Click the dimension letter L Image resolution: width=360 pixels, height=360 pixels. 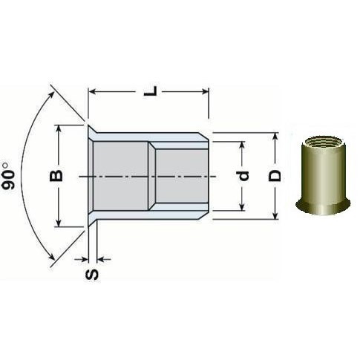tap(151, 91)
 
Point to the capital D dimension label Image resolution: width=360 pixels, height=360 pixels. tap(275, 176)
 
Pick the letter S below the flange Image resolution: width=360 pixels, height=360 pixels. tap(92, 275)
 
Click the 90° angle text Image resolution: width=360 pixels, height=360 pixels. tap(8, 176)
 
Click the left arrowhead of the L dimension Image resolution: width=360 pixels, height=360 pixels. tap(92, 92)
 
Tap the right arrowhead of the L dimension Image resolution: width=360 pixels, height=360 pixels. tap(206, 92)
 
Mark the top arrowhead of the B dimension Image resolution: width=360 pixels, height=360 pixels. tap(59, 128)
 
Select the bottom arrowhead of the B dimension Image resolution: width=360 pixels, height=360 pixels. tap(59, 223)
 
